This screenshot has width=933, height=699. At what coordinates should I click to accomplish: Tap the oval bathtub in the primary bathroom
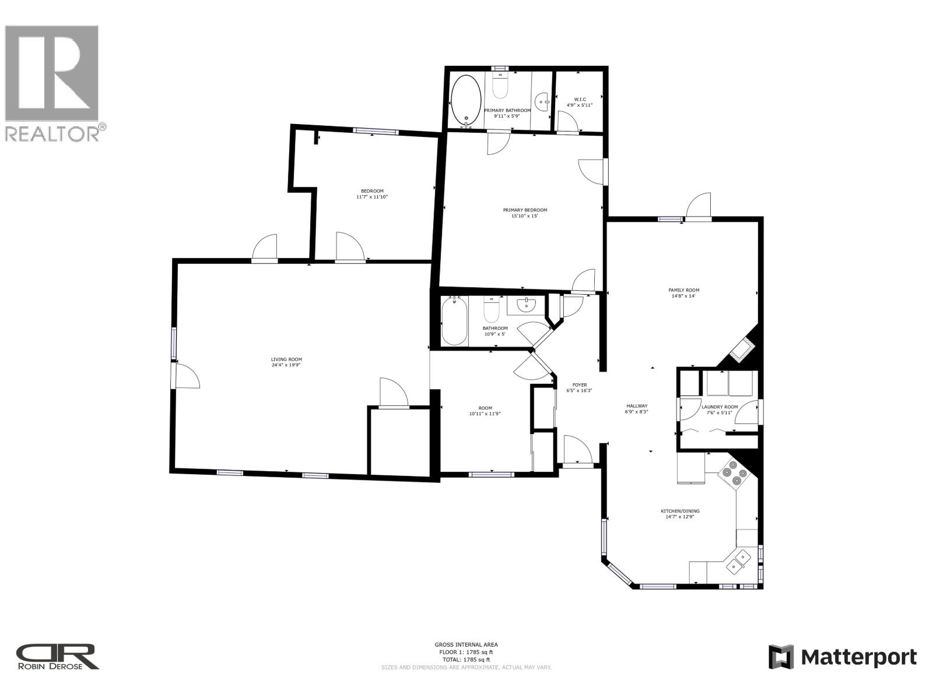point(466,101)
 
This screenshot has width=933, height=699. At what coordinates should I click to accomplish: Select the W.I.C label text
point(580,100)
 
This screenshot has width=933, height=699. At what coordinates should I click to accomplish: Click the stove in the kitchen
point(733,472)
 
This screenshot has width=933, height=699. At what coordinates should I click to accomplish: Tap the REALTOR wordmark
point(52,133)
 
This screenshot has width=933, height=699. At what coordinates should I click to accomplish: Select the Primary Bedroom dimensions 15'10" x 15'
point(525,216)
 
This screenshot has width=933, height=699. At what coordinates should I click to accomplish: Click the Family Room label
point(683,290)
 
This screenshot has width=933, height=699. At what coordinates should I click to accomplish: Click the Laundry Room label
point(719,407)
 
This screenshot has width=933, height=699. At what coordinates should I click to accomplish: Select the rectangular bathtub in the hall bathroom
point(454,321)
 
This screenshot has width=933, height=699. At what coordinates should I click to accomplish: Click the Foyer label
point(579,385)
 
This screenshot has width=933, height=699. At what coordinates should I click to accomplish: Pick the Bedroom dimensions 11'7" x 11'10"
point(372,197)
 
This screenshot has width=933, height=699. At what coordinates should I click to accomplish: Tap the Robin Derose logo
point(57,656)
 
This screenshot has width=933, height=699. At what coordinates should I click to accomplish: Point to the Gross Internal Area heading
point(466,644)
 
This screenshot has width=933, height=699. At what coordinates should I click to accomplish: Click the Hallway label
point(637,406)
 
